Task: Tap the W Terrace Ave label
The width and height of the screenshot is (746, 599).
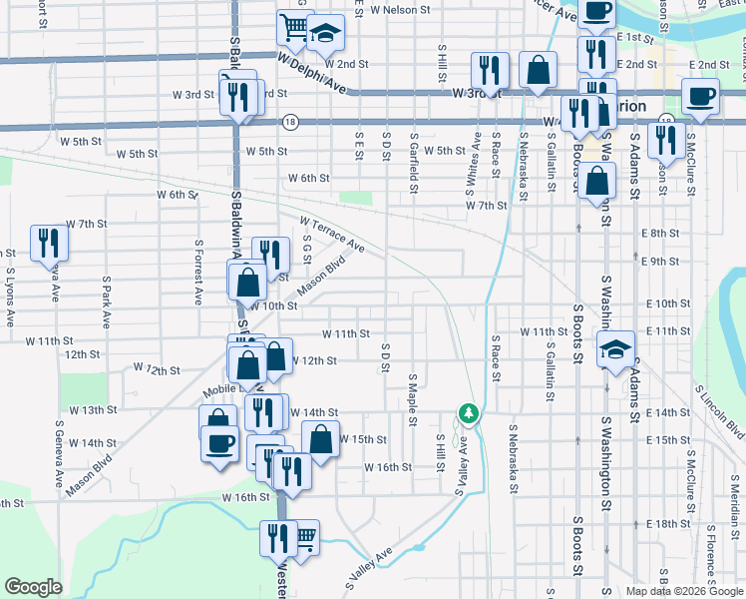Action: pyautogui.click(x=332, y=234)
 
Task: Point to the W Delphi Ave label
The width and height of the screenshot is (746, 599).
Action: pyautogui.click(x=312, y=75)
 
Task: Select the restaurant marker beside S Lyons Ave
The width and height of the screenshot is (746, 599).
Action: pyautogui.click(x=48, y=243)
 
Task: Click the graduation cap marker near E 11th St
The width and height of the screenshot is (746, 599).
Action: pyautogui.click(x=616, y=348)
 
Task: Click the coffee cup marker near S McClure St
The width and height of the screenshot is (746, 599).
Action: pyautogui.click(x=699, y=98)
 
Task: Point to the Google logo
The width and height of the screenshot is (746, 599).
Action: pyautogui.click(x=33, y=587)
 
